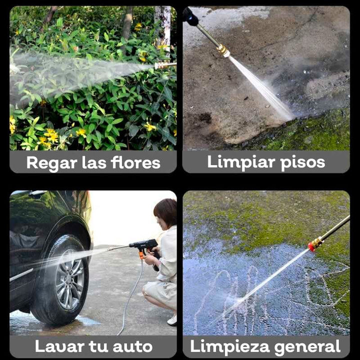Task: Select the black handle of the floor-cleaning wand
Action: pyautogui.click(x=190, y=16)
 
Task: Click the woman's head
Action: pyautogui.click(x=166, y=213)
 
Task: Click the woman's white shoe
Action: pyautogui.click(x=172, y=320)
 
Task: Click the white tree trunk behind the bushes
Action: pyautogui.click(x=163, y=25)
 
